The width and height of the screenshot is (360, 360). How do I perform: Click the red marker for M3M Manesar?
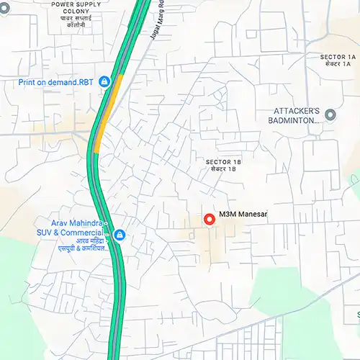point(210,219)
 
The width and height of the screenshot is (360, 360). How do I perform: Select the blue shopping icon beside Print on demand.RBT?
point(104,82)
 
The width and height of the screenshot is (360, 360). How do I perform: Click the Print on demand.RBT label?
point(56,82)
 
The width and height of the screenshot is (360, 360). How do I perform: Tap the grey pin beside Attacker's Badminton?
point(330,114)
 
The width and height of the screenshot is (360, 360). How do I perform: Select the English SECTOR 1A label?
point(338,56)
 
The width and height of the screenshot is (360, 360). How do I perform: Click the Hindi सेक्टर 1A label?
point(338,65)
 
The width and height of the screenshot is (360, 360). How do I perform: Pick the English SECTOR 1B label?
point(223,162)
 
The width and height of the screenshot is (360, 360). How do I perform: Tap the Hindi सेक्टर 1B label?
point(223,170)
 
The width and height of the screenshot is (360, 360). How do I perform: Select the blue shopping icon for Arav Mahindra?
point(120,235)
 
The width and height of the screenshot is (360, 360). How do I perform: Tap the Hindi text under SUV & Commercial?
point(73,245)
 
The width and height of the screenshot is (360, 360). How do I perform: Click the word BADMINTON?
point(297,121)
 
